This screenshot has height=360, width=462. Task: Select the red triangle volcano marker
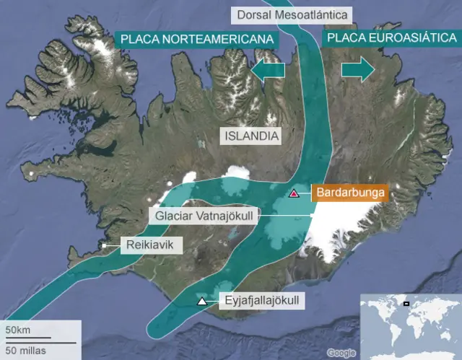[294, 193]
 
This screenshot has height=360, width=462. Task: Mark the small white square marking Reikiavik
[105, 247]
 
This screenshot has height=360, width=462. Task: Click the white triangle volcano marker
[203, 301]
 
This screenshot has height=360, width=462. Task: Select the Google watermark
[341, 353]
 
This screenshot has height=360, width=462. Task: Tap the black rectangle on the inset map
[406, 303]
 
